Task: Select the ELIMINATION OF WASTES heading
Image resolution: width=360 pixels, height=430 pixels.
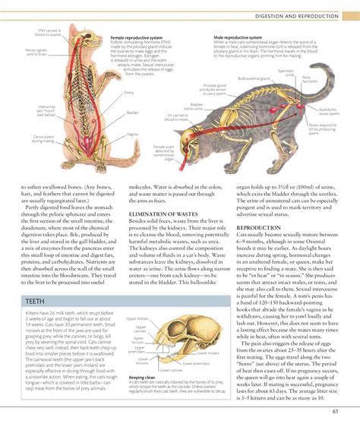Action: (163, 215)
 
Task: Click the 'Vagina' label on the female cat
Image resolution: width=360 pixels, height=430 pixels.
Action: (131, 133)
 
